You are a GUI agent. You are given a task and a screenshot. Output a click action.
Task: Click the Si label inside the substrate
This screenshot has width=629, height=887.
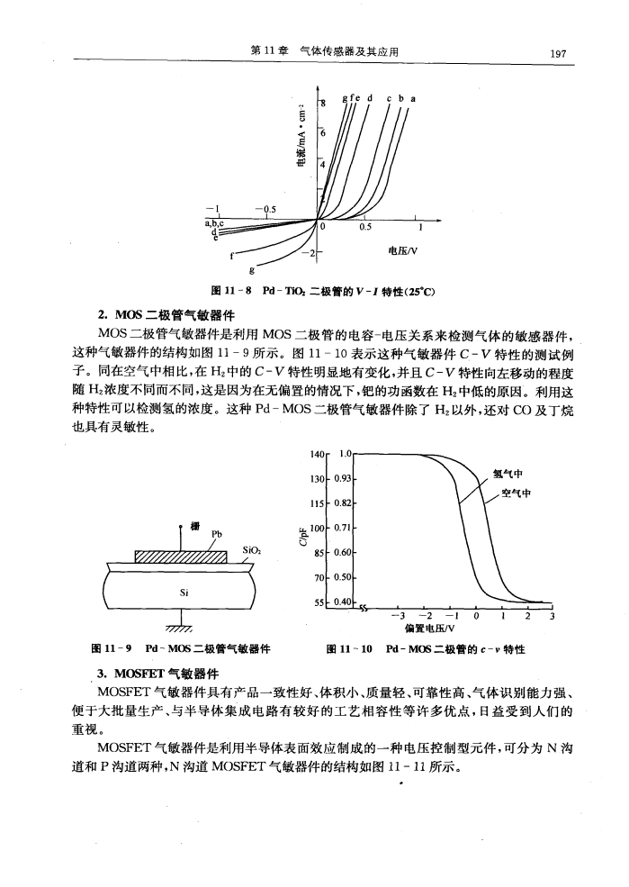pyautogui.click(x=184, y=593)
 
